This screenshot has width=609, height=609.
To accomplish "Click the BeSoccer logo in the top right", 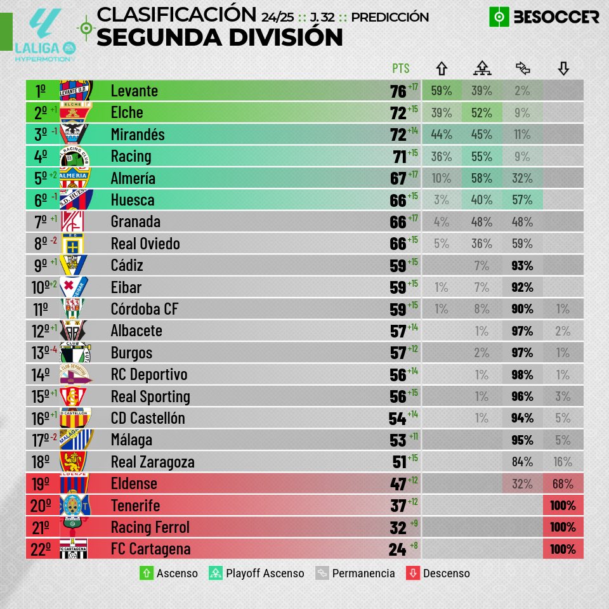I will click(544, 17).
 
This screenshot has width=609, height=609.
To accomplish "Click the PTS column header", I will click(401, 69).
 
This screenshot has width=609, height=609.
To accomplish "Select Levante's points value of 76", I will click(398, 91).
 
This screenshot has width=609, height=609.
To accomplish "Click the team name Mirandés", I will click(138, 134).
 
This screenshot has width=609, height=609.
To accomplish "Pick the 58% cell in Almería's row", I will click(482, 178).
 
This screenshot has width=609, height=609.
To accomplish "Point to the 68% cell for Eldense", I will click(563, 484).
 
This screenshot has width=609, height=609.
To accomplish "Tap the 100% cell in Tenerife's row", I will click(563, 506).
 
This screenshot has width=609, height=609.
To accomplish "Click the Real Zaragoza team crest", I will click(74, 462).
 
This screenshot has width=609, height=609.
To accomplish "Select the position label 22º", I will click(39, 549).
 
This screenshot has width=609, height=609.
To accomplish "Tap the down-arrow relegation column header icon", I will click(563, 68).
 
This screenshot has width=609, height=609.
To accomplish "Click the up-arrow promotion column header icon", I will click(442, 68).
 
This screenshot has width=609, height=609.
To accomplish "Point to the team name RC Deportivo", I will click(149, 375).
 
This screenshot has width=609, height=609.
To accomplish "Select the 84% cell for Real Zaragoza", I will click(522, 462).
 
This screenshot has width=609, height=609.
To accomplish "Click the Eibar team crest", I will click(74, 287).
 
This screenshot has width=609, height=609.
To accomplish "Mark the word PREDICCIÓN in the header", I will click(390, 17).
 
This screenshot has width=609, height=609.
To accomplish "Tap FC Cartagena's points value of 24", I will click(398, 549).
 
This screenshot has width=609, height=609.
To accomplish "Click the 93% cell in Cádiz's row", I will click(522, 266).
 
